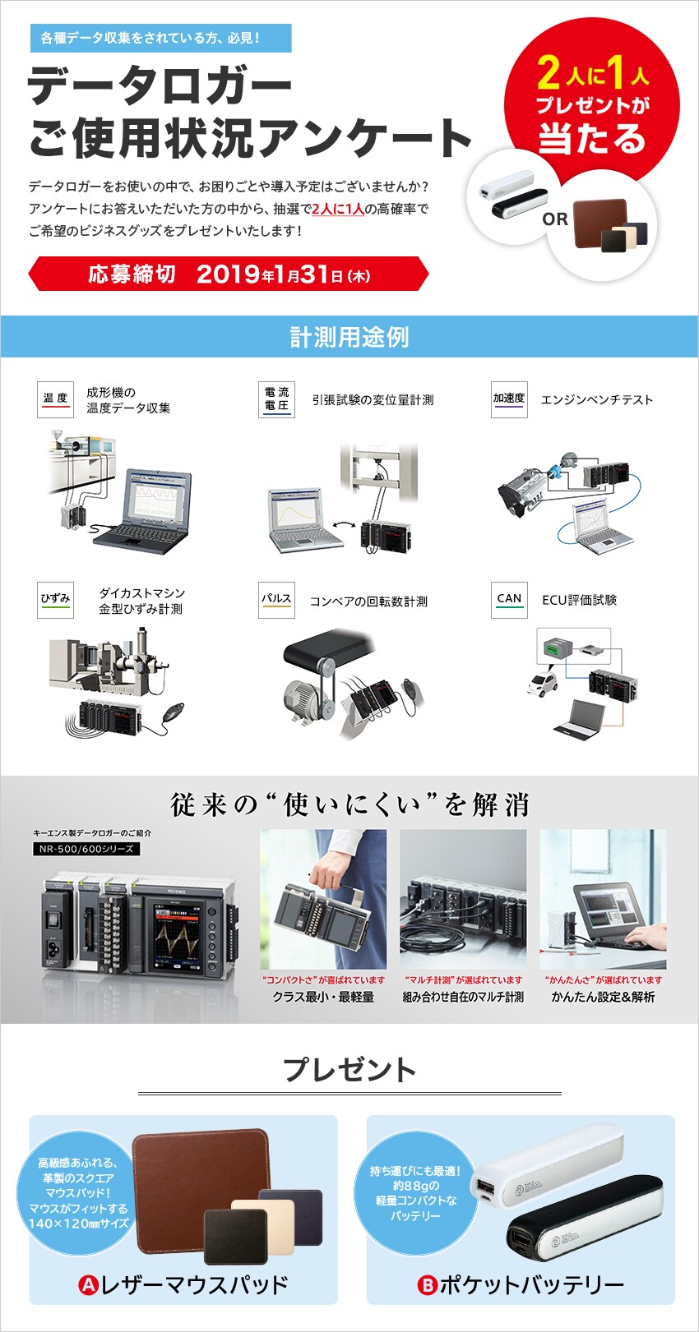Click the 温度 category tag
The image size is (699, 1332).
point(55,399)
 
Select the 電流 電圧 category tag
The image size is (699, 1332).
point(276,399)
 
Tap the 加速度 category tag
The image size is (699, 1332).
point(509,399)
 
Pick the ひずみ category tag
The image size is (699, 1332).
point(55,600)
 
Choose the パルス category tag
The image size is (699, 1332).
point(276,600)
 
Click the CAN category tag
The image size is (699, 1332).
point(509,600)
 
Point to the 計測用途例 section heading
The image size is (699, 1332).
point(349,337)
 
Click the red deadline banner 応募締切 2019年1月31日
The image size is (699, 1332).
point(229,274)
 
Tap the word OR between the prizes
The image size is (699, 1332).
point(555,219)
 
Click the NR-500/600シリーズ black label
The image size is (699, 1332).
point(86,849)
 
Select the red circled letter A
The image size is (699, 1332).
point(88,1285)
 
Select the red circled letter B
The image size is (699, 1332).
point(427,1285)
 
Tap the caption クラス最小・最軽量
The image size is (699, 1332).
point(324,998)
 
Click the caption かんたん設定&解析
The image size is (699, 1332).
point(604,998)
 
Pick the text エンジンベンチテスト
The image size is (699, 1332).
point(597,400)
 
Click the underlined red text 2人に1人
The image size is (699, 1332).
point(338,209)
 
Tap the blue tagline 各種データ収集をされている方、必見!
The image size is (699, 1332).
point(150,38)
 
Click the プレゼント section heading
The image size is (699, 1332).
point(349,1070)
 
